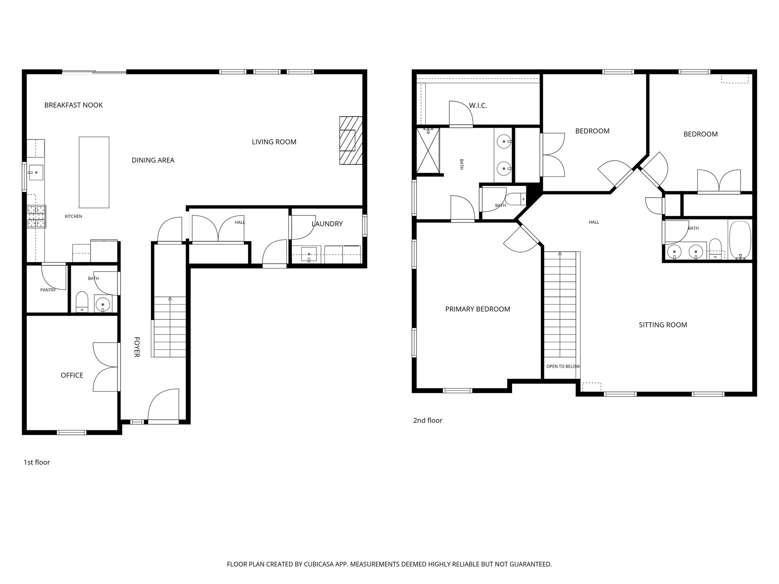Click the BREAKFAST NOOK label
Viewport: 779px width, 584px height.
coord(73,105)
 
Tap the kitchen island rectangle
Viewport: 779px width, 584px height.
coord(94,172)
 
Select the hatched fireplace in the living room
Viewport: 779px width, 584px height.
coord(350,140)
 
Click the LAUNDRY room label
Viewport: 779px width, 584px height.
coord(327,224)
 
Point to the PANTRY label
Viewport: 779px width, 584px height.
coord(48,290)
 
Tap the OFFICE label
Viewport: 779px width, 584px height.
coord(72,375)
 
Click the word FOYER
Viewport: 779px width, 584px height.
coord(137,347)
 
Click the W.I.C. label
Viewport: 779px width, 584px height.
coord(478,106)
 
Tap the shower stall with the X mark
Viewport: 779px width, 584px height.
coord(428,151)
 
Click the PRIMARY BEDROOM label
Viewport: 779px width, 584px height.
coord(477,309)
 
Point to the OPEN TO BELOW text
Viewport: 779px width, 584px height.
coord(563,367)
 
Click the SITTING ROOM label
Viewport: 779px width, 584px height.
coord(663,325)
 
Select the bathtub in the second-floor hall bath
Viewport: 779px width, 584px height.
coord(739,240)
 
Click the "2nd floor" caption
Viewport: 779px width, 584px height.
coord(428,421)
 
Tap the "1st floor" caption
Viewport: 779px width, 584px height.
coord(37,462)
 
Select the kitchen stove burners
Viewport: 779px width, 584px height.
coord(37,217)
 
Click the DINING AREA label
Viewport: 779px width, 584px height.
coord(153,160)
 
